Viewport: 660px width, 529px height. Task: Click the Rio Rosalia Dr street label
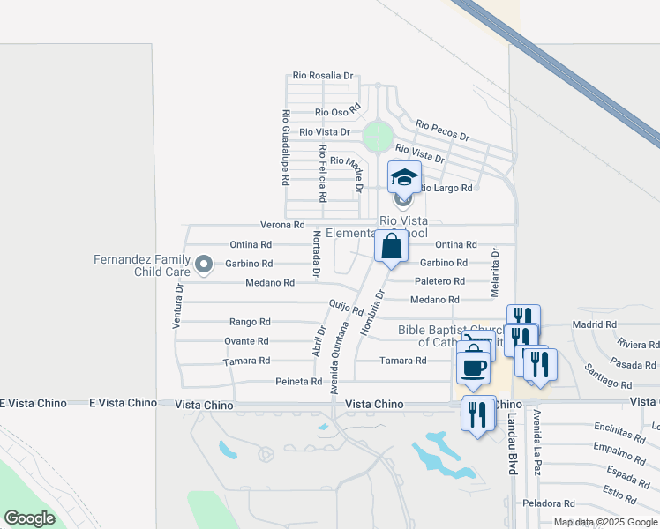[x=323, y=76]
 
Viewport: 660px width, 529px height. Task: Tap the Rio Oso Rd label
[x=339, y=112]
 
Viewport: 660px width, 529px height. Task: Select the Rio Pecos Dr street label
[x=442, y=131]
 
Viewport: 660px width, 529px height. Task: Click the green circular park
[x=378, y=137]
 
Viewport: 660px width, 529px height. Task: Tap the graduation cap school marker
[x=405, y=178]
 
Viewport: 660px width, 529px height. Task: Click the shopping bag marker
[x=391, y=246]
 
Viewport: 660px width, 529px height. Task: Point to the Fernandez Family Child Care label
[x=142, y=264]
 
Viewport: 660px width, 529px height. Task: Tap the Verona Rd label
[x=281, y=225]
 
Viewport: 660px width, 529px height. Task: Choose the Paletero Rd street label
[x=439, y=281]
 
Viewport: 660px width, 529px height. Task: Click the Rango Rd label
[x=250, y=322]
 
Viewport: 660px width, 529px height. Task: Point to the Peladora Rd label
[x=548, y=503]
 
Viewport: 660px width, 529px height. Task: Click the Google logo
[x=29, y=518]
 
